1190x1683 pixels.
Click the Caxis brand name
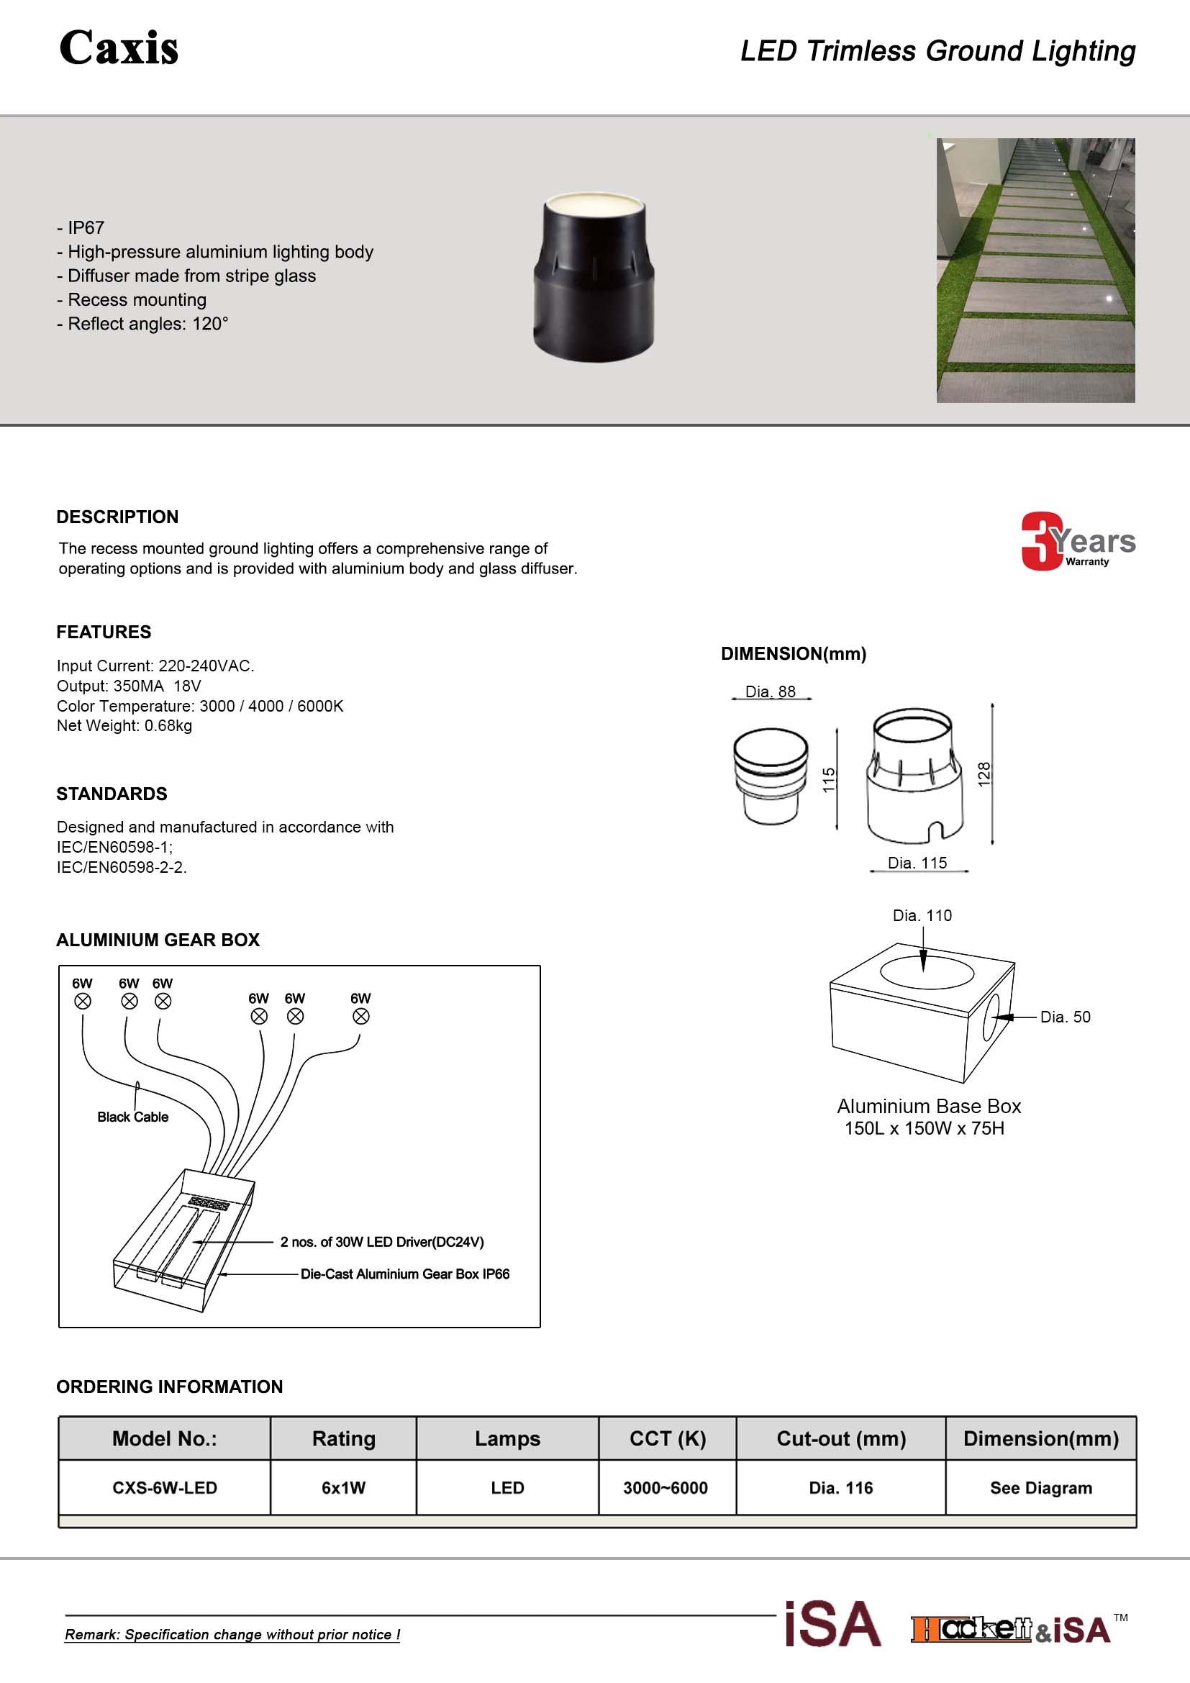click(x=119, y=48)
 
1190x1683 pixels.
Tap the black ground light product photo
click(x=594, y=277)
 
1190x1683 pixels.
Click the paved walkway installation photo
click(x=1035, y=270)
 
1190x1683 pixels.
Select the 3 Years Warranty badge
click(x=1077, y=542)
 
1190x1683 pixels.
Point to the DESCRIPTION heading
click(x=117, y=517)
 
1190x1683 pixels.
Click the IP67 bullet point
click(x=85, y=228)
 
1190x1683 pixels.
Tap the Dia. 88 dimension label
click(x=770, y=691)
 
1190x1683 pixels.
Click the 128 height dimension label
click(x=984, y=774)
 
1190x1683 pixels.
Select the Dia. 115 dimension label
click(x=917, y=863)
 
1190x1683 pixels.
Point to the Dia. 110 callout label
click(x=922, y=915)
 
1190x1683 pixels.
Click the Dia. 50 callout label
click(x=1065, y=1017)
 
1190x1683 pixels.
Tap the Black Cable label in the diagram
click(x=132, y=1117)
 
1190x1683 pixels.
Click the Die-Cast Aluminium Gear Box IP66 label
click(x=404, y=1274)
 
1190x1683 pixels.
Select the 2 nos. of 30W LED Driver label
click(x=382, y=1242)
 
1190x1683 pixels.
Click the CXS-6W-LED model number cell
click(x=165, y=1488)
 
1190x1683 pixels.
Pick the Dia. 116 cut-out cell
click(x=840, y=1488)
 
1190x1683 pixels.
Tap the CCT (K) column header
click(x=668, y=1439)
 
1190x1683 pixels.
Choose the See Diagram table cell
click(x=1040, y=1488)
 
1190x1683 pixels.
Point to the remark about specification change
click(x=232, y=1635)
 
